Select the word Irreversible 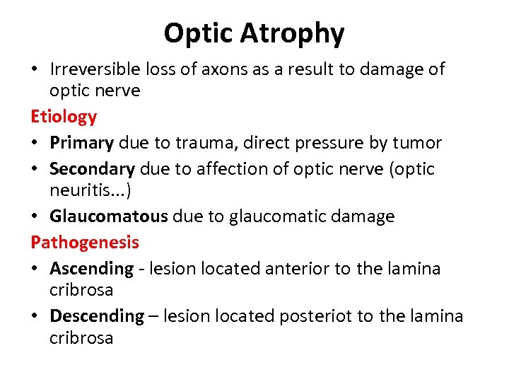pos(95,69)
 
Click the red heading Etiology pos(64,116)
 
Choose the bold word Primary pos(81,142)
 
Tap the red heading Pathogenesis pos(85,242)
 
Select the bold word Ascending pos(91,269)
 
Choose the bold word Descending pos(97,316)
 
